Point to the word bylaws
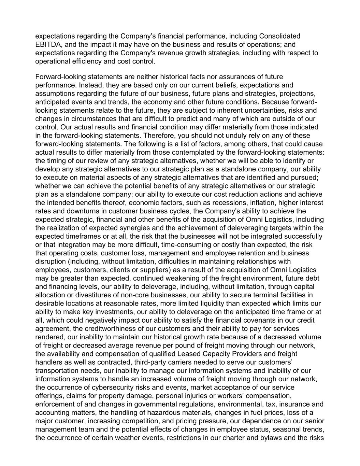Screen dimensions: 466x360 [272, 438]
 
